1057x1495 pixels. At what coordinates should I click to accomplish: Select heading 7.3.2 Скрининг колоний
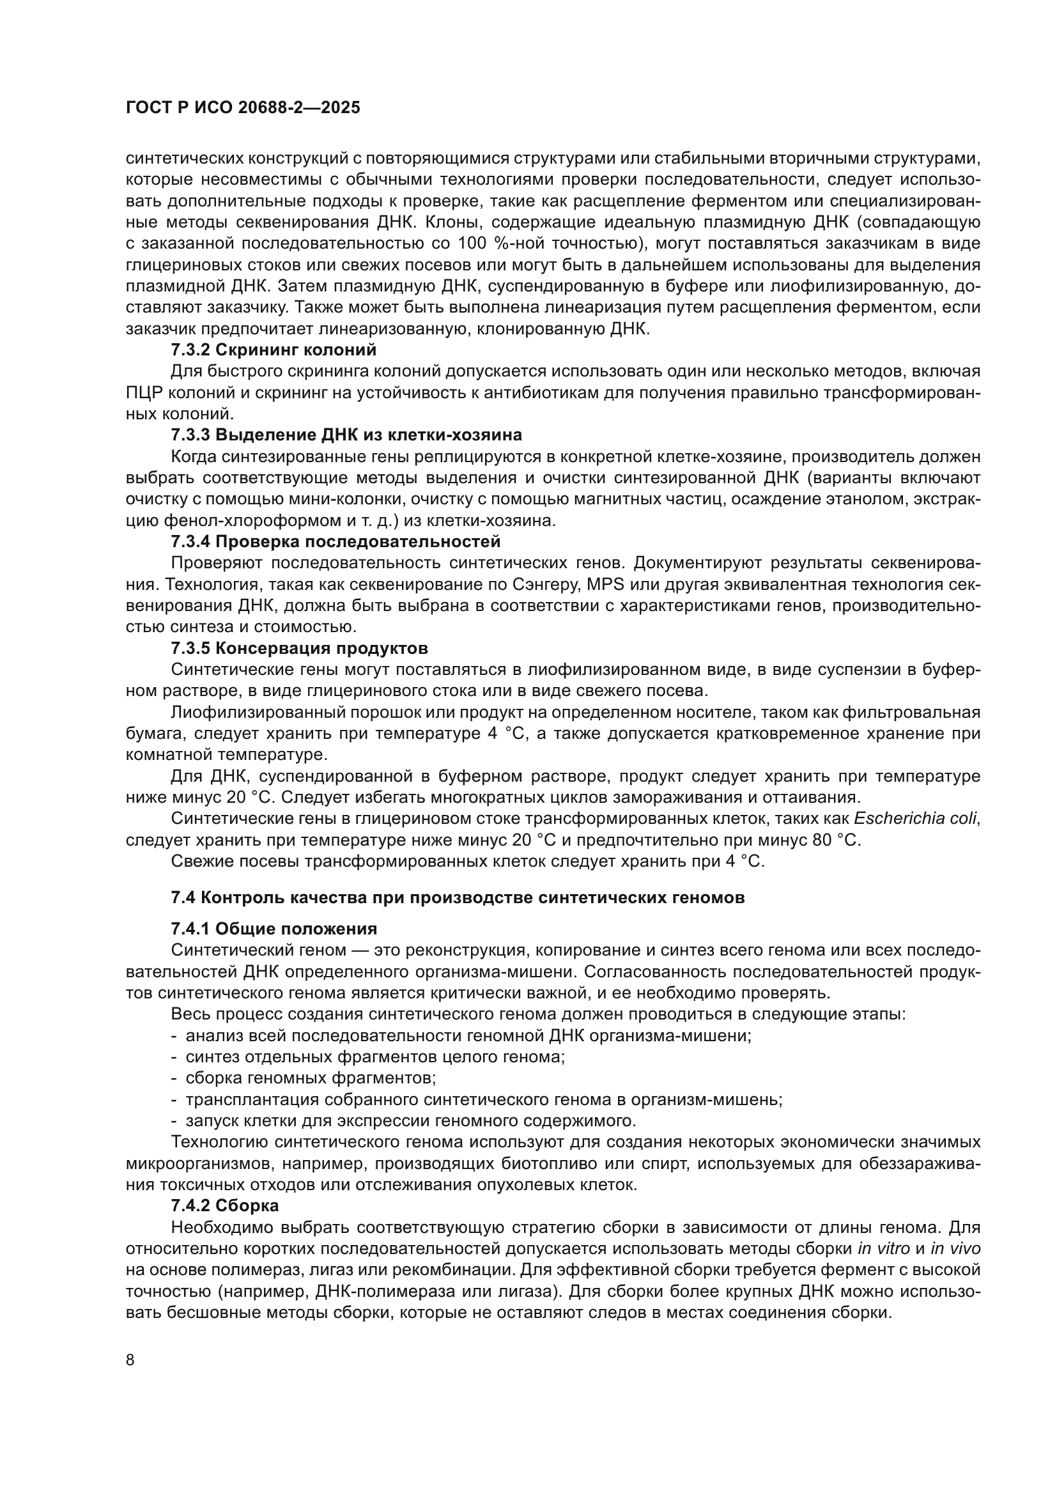(274, 350)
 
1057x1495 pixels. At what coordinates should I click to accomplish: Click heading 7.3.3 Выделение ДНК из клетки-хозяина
(346, 434)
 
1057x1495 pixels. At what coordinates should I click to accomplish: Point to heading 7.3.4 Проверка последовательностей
(336, 541)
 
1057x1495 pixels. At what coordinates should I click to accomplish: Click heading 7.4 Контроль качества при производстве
(458, 897)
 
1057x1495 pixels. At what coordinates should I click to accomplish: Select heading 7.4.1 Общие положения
(274, 929)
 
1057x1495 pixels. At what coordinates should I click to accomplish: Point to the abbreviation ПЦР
(144, 392)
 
